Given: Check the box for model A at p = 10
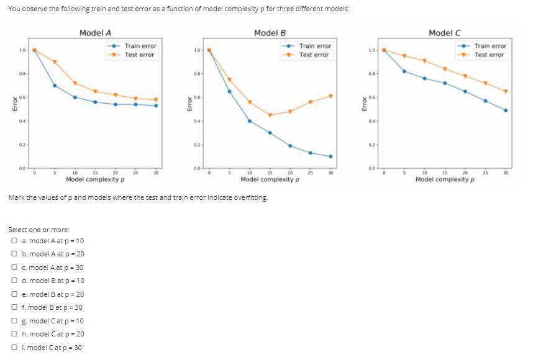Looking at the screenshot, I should click(14, 241).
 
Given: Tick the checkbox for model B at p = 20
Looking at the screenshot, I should click(14, 294).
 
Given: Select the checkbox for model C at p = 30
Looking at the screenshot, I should click(14, 348).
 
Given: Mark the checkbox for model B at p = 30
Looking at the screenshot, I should click(14, 307).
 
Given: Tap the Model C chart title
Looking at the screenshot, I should click(445, 33).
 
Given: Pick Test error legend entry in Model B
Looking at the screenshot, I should click(314, 55).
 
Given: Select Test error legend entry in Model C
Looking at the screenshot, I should click(489, 55).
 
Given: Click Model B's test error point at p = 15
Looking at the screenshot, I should click(270, 115).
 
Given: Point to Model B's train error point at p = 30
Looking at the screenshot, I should click(330, 156).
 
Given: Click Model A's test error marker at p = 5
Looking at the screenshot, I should click(55, 61).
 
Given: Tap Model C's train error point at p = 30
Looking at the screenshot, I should click(506, 110).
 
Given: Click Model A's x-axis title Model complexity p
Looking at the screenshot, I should click(95, 179).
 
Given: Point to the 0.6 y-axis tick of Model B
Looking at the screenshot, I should click(196, 97).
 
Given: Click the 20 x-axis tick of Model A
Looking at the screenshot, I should click(116, 173).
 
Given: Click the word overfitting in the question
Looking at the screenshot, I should click(249, 197).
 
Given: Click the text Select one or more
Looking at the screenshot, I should click(39, 230).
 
